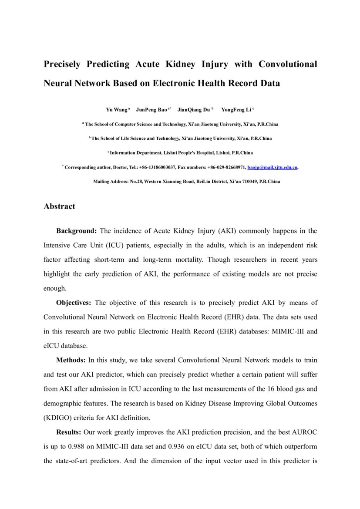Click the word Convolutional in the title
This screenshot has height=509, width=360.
(288, 64)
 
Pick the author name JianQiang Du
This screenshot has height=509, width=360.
(194, 110)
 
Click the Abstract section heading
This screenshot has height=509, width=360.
(59, 206)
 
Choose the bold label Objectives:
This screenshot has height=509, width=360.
(74, 303)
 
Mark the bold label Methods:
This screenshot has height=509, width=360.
(71, 360)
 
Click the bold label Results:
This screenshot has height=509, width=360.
(69, 432)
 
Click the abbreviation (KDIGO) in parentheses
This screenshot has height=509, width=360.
(59, 418)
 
